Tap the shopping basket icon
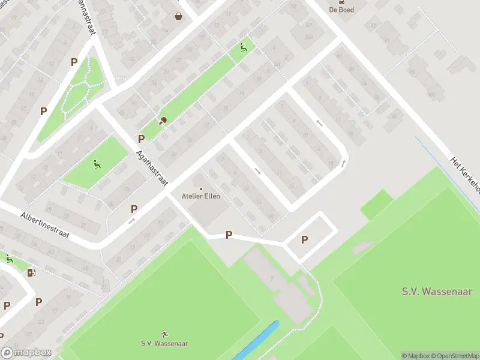coord(179,16)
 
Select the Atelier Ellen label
coord(200,196)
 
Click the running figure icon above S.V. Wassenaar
coord(164,333)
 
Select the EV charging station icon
coord(31,273)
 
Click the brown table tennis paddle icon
coord(163,120)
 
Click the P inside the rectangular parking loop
coord(304,239)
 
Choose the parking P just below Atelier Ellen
coord(229,235)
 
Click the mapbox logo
coord(26,353)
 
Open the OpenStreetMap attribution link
coord(451,356)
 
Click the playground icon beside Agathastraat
coord(96,163)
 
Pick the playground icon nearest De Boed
coord(243,47)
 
